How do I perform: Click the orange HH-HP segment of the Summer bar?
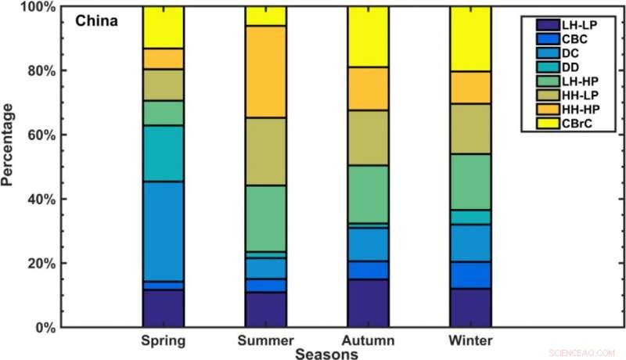(x=265, y=72)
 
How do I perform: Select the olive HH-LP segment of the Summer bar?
(x=265, y=152)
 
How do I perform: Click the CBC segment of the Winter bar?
(x=470, y=275)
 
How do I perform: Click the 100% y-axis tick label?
(x=38, y=7)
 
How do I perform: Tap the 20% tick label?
(x=41, y=263)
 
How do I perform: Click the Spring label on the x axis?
(x=163, y=340)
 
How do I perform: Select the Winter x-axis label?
(x=470, y=340)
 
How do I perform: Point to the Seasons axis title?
(x=326, y=354)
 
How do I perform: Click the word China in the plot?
(x=96, y=21)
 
